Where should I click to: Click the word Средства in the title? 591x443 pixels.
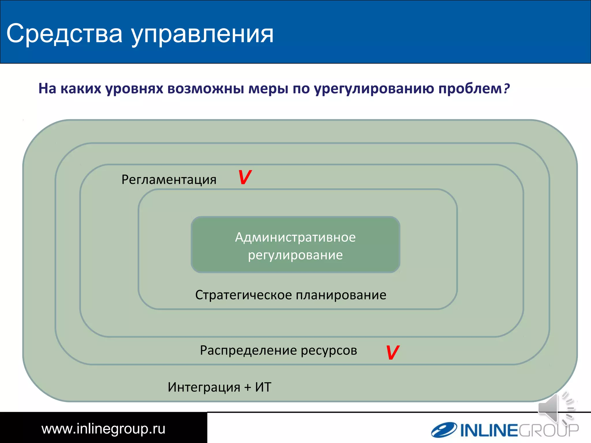click(64, 34)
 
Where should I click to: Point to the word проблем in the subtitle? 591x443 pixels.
click(470, 89)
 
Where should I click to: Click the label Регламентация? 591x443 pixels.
click(169, 180)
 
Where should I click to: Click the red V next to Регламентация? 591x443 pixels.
click(245, 177)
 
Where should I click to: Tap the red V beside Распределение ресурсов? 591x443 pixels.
click(392, 352)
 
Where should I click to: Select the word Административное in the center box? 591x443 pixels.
click(295, 237)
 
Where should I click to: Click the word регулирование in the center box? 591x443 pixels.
click(295, 255)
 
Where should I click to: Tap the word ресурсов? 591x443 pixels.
click(329, 351)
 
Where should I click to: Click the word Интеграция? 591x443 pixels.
click(204, 387)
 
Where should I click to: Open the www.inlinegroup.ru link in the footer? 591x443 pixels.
click(103, 429)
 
